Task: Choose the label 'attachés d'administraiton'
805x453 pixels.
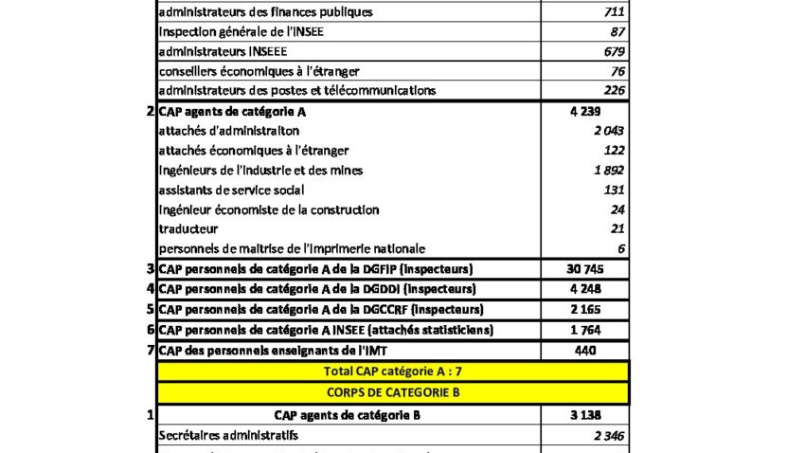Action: pos(228,131)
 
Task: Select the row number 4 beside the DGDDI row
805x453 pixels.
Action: pos(151,289)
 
